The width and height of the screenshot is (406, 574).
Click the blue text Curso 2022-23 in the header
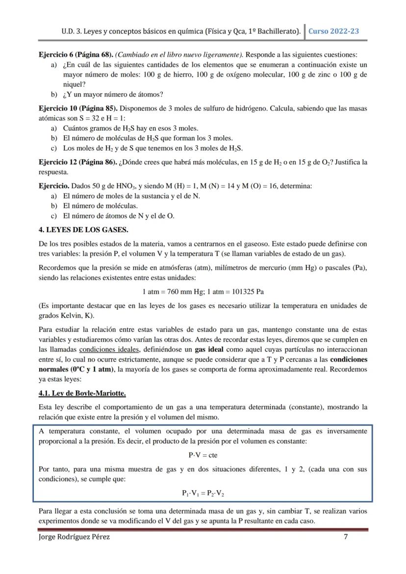333,31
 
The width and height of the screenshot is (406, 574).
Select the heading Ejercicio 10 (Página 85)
77,108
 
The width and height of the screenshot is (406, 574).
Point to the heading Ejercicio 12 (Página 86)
77,162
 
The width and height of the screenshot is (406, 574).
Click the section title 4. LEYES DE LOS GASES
83,229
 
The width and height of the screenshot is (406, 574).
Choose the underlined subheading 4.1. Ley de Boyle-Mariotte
82,393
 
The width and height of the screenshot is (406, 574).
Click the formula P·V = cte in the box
203,455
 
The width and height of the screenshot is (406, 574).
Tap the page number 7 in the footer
346,537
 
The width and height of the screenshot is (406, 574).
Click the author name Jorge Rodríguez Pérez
74,537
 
